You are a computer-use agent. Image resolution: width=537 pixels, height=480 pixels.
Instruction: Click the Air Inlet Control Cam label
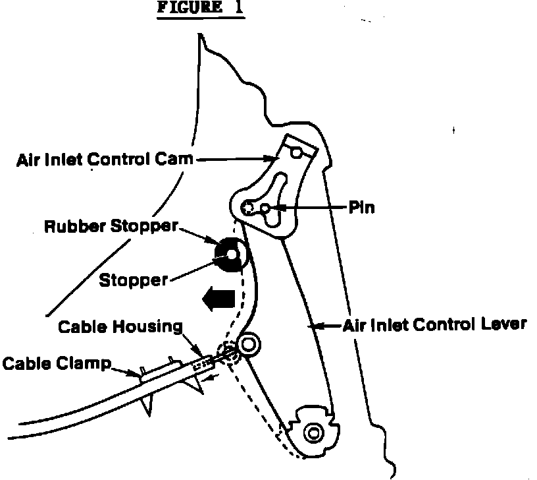[x=105, y=160]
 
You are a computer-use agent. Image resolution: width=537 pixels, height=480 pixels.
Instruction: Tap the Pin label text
[x=362, y=207]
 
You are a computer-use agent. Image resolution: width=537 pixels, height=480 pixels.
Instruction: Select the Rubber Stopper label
[x=111, y=227]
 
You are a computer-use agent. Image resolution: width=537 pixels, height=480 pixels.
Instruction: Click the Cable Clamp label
[x=56, y=363]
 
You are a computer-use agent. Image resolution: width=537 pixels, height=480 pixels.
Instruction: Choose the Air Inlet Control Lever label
[x=434, y=324]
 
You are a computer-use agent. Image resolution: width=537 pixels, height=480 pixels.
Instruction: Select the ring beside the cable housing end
[x=250, y=343]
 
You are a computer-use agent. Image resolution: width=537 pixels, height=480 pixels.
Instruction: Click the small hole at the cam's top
[x=297, y=154]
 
